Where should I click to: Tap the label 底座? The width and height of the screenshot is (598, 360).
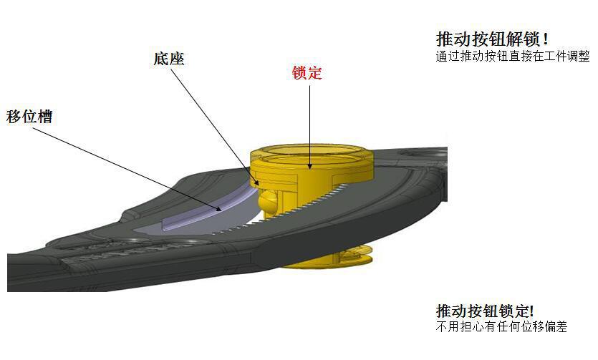point(169,58)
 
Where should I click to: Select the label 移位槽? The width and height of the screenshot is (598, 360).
point(29,117)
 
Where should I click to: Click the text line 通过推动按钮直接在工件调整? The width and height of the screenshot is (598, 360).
point(513,57)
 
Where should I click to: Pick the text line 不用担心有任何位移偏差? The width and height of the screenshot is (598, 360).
point(501,328)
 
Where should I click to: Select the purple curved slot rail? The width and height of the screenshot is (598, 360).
point(208,210)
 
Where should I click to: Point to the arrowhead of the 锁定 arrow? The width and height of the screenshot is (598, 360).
point(310,167)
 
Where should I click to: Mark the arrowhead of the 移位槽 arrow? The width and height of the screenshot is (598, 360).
point(224,210)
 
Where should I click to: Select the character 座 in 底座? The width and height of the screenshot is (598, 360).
point(177,58)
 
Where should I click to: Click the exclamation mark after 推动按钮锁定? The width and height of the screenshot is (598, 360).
point(531,311)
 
